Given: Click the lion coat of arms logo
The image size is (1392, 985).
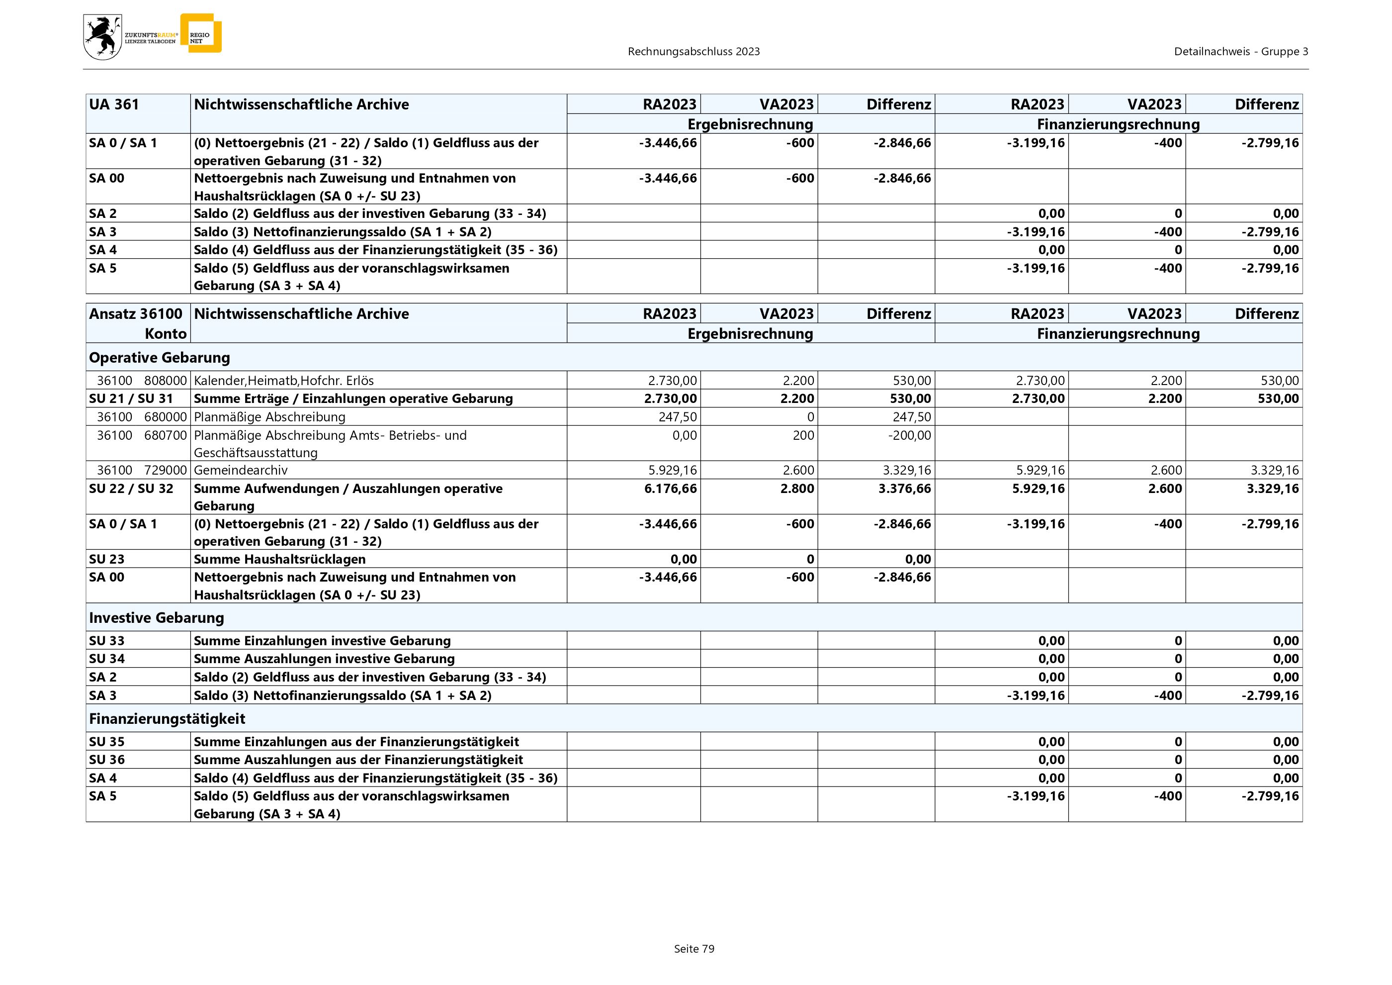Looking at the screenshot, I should pyautogui.click(x=102, y=37).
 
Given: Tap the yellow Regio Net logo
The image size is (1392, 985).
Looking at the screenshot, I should pyautogui.click(x=201, y=33).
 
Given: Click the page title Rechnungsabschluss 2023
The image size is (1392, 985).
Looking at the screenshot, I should pyautogui.click(x=694, y=52).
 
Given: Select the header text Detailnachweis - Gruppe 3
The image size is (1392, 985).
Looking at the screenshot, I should pyautogui.click(x=1240, y=52).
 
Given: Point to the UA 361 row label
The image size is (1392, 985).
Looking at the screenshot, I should pyautogui.click(x=114, y=104).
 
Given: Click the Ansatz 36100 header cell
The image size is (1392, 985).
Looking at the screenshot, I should pyautogui.click(x=136, y=313).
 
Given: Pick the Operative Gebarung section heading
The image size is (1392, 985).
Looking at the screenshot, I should pyautogui.click(x=160, y=357).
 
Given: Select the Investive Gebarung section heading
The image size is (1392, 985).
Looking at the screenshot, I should pyautogui.click(x=157, y=617).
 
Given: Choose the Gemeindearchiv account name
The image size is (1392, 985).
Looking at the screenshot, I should pyautogui.click(x=241, y=470).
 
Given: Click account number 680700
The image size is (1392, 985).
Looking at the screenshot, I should pyautogui.click(x=166, y=435).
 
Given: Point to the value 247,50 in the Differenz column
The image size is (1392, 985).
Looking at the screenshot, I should pyautogui.click(x=911, y=417).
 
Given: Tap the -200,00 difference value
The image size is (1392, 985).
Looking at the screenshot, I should pyautogui.click(x=909, y=435).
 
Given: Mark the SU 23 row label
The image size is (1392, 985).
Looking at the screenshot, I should pyautogui.click(x=107, y=559).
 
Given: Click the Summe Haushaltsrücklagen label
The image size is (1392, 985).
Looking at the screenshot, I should pyautogui.click(x=279, y=559).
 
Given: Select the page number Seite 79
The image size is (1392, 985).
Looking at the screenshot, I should pyautogui.click(x=694, y=949).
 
